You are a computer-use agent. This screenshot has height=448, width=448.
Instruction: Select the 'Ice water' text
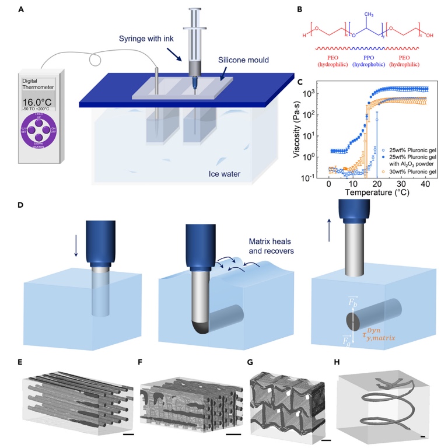[x=228, y=173]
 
